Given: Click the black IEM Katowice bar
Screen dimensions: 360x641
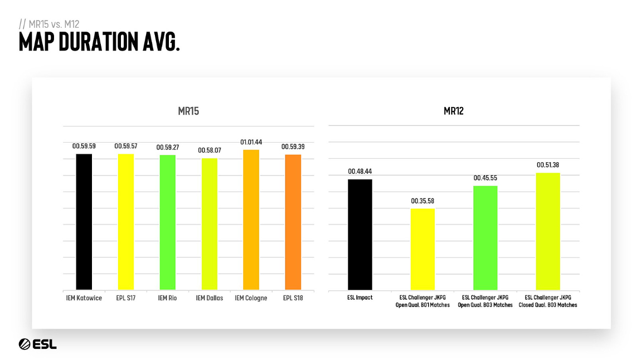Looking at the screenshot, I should [x=84, y=222].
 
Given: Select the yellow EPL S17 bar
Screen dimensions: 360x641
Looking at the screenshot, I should [x=126, y=222].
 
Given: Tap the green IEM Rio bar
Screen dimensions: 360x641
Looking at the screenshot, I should [x=168, y=222].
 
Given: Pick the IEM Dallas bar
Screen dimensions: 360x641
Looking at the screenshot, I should [x=210, y=224].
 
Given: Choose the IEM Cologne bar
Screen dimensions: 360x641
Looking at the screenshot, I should [x=251, y=220].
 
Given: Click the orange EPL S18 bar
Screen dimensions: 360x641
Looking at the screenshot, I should [x=293, y=222].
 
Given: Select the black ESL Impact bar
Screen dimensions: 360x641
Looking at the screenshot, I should [x=360, y=235].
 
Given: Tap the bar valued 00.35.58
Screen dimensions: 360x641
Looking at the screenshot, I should [x=423, y=249].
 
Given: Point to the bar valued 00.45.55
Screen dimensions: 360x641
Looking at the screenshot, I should [x=485, y=238].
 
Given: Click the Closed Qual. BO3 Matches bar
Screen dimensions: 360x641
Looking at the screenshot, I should [x=548, y=231].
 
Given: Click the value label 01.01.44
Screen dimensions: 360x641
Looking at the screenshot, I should [x=251, y=143].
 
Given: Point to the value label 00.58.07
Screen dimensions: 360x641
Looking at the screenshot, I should [x=210, y=150].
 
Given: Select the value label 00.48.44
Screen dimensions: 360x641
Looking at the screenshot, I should [x=360, y=172].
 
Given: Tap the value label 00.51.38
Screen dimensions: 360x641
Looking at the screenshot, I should [x=548, y=166].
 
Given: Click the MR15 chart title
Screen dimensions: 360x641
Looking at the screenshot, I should [x=188, y=111].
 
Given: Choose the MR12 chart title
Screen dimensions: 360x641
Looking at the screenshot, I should [x=454, y=111].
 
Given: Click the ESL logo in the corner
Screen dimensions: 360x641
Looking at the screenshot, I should [x=37, y=344].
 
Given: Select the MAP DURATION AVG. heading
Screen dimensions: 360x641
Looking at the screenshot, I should [x=99, y=42].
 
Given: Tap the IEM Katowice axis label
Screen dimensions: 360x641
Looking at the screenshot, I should [x=84, y=298].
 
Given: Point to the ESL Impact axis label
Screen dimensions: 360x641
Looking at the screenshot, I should [x=360, y=298].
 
